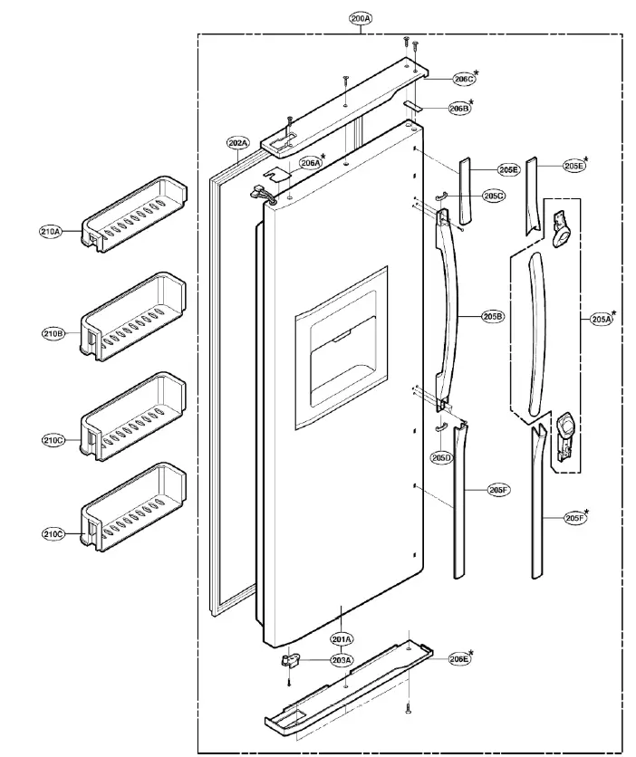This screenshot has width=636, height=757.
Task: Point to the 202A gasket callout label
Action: point(238,142)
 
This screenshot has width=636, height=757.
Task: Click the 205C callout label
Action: point(494,196)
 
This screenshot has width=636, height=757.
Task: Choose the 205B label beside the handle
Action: point(493,316)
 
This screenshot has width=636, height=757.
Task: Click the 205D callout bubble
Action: point(441,458)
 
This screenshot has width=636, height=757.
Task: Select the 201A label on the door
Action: point(341,640)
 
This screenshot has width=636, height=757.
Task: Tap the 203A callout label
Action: point(341,661)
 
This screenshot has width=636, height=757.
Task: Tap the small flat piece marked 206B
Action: point(412,106)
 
